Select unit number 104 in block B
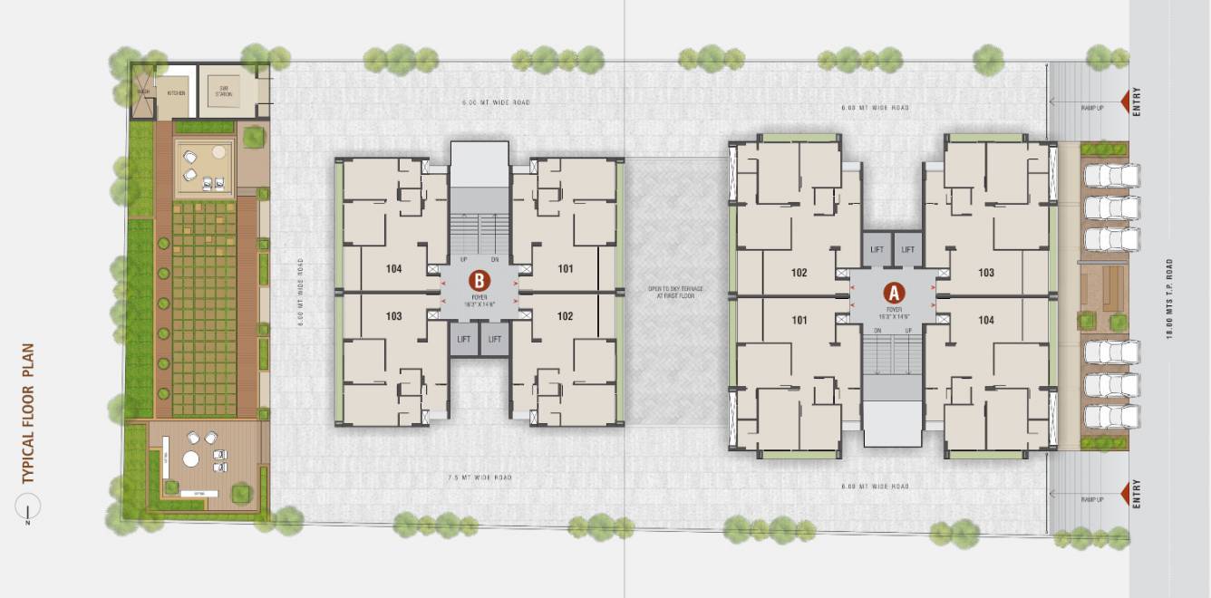pos(393,269)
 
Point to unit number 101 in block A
pos(799,320)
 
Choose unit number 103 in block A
pos(986,273)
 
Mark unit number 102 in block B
pos(565,316)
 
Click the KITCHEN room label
pos(176,92)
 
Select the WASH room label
pos(143,92)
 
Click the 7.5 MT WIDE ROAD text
pos(480,477)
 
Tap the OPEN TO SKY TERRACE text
pos(675,292)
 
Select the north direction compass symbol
pos(28,510)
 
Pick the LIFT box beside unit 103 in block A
pos(907,249)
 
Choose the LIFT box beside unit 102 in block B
pos(495,339)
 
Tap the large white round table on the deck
pos(191,458)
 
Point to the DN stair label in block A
pos(877,331)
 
